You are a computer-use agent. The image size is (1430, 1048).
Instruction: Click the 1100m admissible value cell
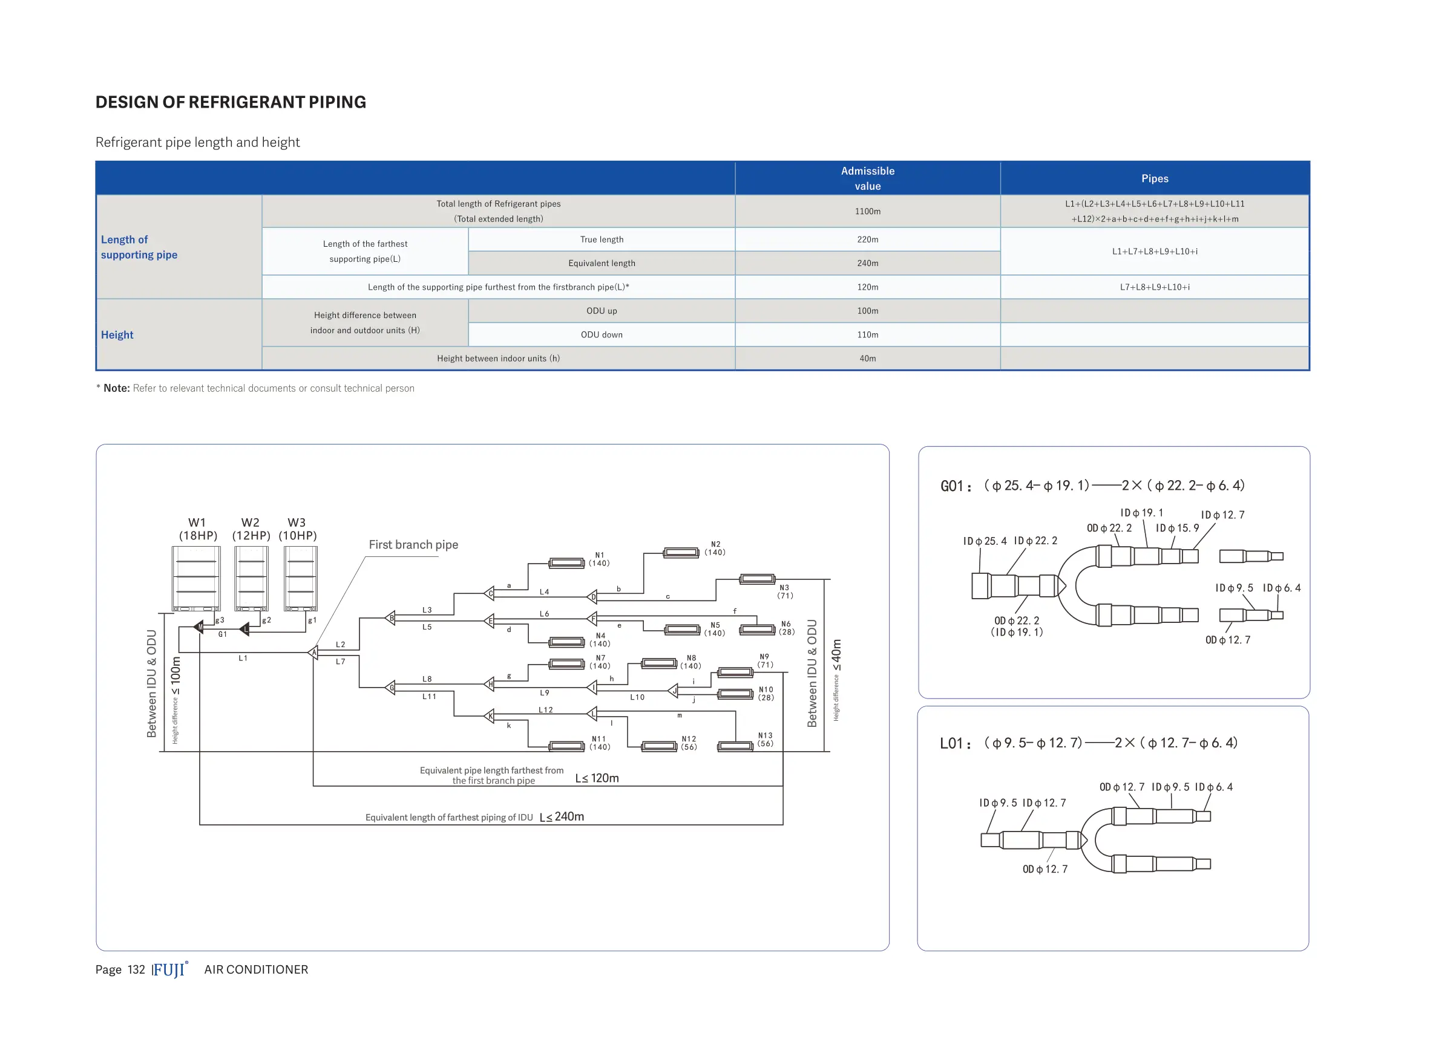click(867, 211)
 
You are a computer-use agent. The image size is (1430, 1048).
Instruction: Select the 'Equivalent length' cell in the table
click(601, 263)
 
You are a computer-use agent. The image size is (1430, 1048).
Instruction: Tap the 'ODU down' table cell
click(601, 335)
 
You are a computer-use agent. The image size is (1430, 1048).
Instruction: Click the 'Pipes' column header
click(1154, 179)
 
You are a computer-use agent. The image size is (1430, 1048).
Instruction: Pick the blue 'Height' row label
click(117, 335)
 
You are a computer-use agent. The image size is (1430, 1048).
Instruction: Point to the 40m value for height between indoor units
click(867, 359)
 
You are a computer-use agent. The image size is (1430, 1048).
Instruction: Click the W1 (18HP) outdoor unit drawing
click(196, 579)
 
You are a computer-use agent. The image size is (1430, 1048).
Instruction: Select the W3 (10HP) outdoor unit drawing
click(300, 579)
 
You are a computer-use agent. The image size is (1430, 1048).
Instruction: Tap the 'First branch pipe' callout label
click(413, 545)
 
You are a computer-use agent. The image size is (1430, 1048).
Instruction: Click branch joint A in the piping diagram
click(313, 652)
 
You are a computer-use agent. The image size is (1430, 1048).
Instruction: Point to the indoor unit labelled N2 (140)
click(681, 553)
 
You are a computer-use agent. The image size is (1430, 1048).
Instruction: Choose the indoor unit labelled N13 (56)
click(735, 746)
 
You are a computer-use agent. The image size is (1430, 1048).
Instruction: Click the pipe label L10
click(637, 697)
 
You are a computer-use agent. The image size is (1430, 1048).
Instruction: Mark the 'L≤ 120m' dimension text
click(597, 778)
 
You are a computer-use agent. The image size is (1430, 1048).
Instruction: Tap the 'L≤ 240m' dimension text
click(562, 817)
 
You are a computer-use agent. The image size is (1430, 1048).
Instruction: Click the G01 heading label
click(955, 487)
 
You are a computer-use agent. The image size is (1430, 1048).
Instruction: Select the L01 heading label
click(954, 743)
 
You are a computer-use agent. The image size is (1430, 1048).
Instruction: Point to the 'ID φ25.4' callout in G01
click(985, 541)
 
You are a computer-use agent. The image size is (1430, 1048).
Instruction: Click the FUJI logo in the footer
click(169, 970)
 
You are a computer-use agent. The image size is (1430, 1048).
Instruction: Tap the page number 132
click(136, 970)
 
